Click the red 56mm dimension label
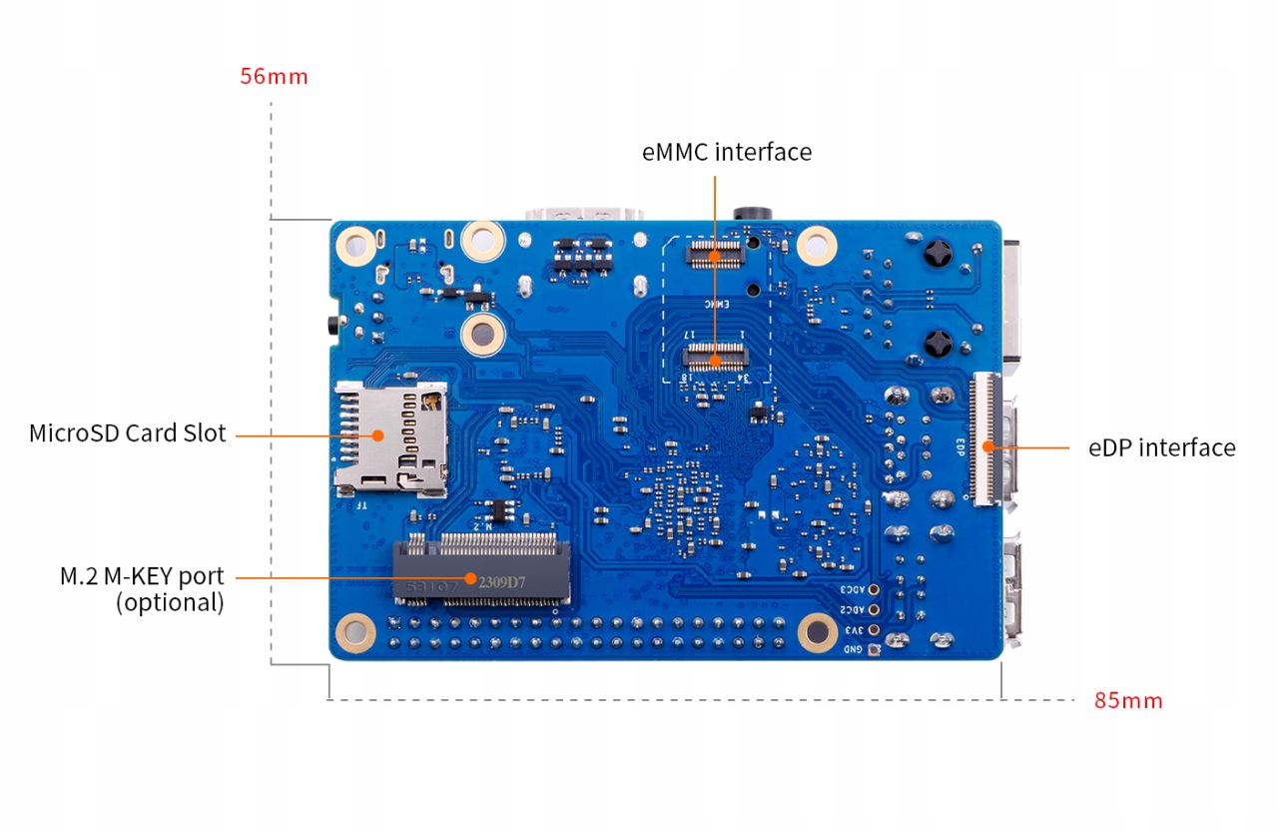tap(274, 77)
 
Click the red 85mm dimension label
tap(1128, 700)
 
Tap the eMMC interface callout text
tap(726, 152)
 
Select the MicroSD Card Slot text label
tap(128, 433)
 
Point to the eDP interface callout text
tap(1161, 447)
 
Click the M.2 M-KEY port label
tap(142, 576)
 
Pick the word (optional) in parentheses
tap(170, 602)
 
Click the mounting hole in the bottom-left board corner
tap(354, 630)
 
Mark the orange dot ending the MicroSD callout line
tap(378, 434)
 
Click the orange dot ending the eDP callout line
tap(988, 446)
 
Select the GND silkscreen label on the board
tap(854, 650)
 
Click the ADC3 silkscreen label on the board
tap(852, 590)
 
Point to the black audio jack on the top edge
tap(754, 214)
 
